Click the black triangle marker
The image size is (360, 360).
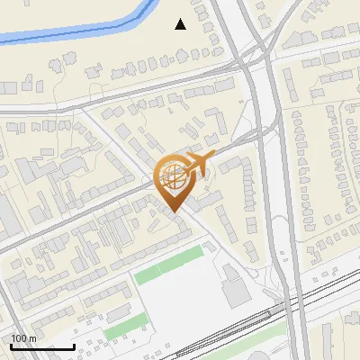pos(181,24)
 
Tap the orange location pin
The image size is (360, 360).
pos(175,180)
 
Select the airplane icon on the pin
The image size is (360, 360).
pos(196,164)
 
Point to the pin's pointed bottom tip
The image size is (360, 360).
pos(175,211)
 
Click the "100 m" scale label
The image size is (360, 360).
pos(23,338)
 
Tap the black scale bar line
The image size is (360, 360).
pos(42,346)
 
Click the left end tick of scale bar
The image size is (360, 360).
pos(11,345)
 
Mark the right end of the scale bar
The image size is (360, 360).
pos(74,345)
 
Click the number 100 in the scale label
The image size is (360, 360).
pos(18,338)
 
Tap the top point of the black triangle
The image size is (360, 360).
pos(181,19)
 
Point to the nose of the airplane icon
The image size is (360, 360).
pos(212,157)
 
